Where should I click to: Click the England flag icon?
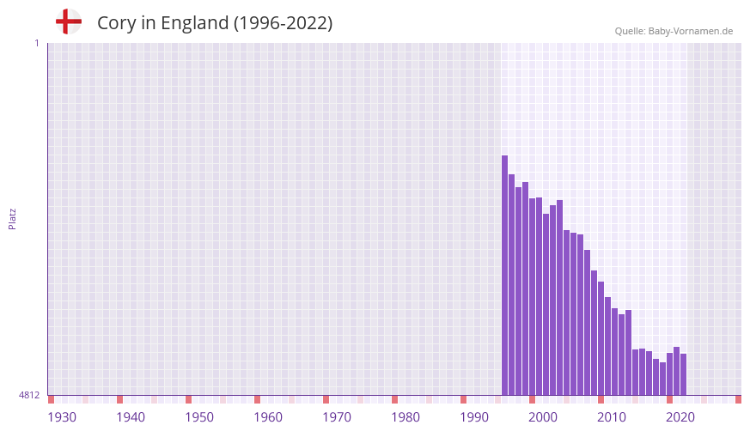click(68, 21)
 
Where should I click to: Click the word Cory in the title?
click(114, 23)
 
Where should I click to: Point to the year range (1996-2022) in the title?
click(283, 23)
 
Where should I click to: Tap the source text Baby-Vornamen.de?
click(691, 31)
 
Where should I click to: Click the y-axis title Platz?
click(12, 218)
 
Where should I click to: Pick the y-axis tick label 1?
click(36, 43)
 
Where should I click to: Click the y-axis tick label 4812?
click(29, 395)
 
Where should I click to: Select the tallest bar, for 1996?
click(505, 275)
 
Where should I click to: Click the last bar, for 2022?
click(684, 374)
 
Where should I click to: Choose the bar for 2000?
click(533, 296)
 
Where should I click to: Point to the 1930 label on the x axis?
click(62, 417)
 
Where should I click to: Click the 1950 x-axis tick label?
click(199, 417)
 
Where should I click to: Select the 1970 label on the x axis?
click(337, 417)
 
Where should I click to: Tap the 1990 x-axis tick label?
click(474, 417)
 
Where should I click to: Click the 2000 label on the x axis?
click(543, 417)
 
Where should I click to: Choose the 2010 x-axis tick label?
click(612, 417)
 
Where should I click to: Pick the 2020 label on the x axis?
click(680, 417)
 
